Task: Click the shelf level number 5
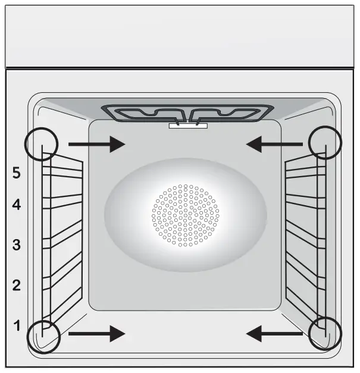click(x=17, y=173)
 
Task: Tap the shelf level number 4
click(x=17, y=205)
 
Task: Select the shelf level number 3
click(x=17, y=245)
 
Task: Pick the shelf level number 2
click(x=17, y=284)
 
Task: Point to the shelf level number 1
click(x=17, y=325)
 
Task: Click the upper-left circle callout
click(x=42, y=144)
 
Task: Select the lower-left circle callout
click(x=44, y=336)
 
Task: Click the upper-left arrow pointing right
click(x=96, y=144)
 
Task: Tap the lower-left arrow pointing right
click(x=96, y=334)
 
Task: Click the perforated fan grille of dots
click(x=185, y=215)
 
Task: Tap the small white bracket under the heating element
click(x=188, y=126)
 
